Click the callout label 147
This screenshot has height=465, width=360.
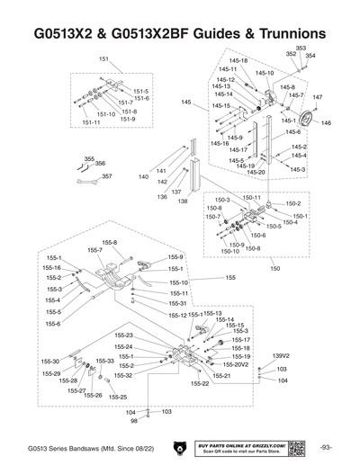(317, 97)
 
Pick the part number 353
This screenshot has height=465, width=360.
(301, 48)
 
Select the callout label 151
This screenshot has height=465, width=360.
(103, 58)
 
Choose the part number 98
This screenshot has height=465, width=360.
(133, 420)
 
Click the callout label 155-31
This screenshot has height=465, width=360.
(178, 304)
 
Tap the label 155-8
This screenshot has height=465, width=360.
(109, 242)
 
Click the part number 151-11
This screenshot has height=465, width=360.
(91, 122)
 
